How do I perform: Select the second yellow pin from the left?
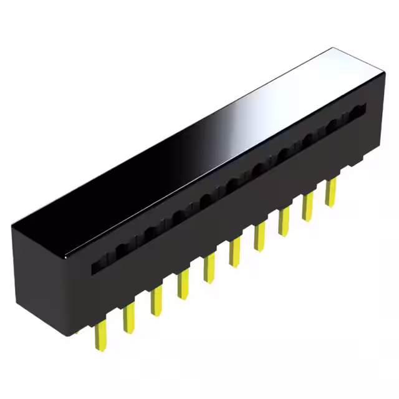[x=129, y=317]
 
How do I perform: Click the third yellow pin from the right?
[x=284, y=221]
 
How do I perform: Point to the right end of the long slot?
[x=360, y=112]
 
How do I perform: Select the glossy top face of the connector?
[x=187, y=156]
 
